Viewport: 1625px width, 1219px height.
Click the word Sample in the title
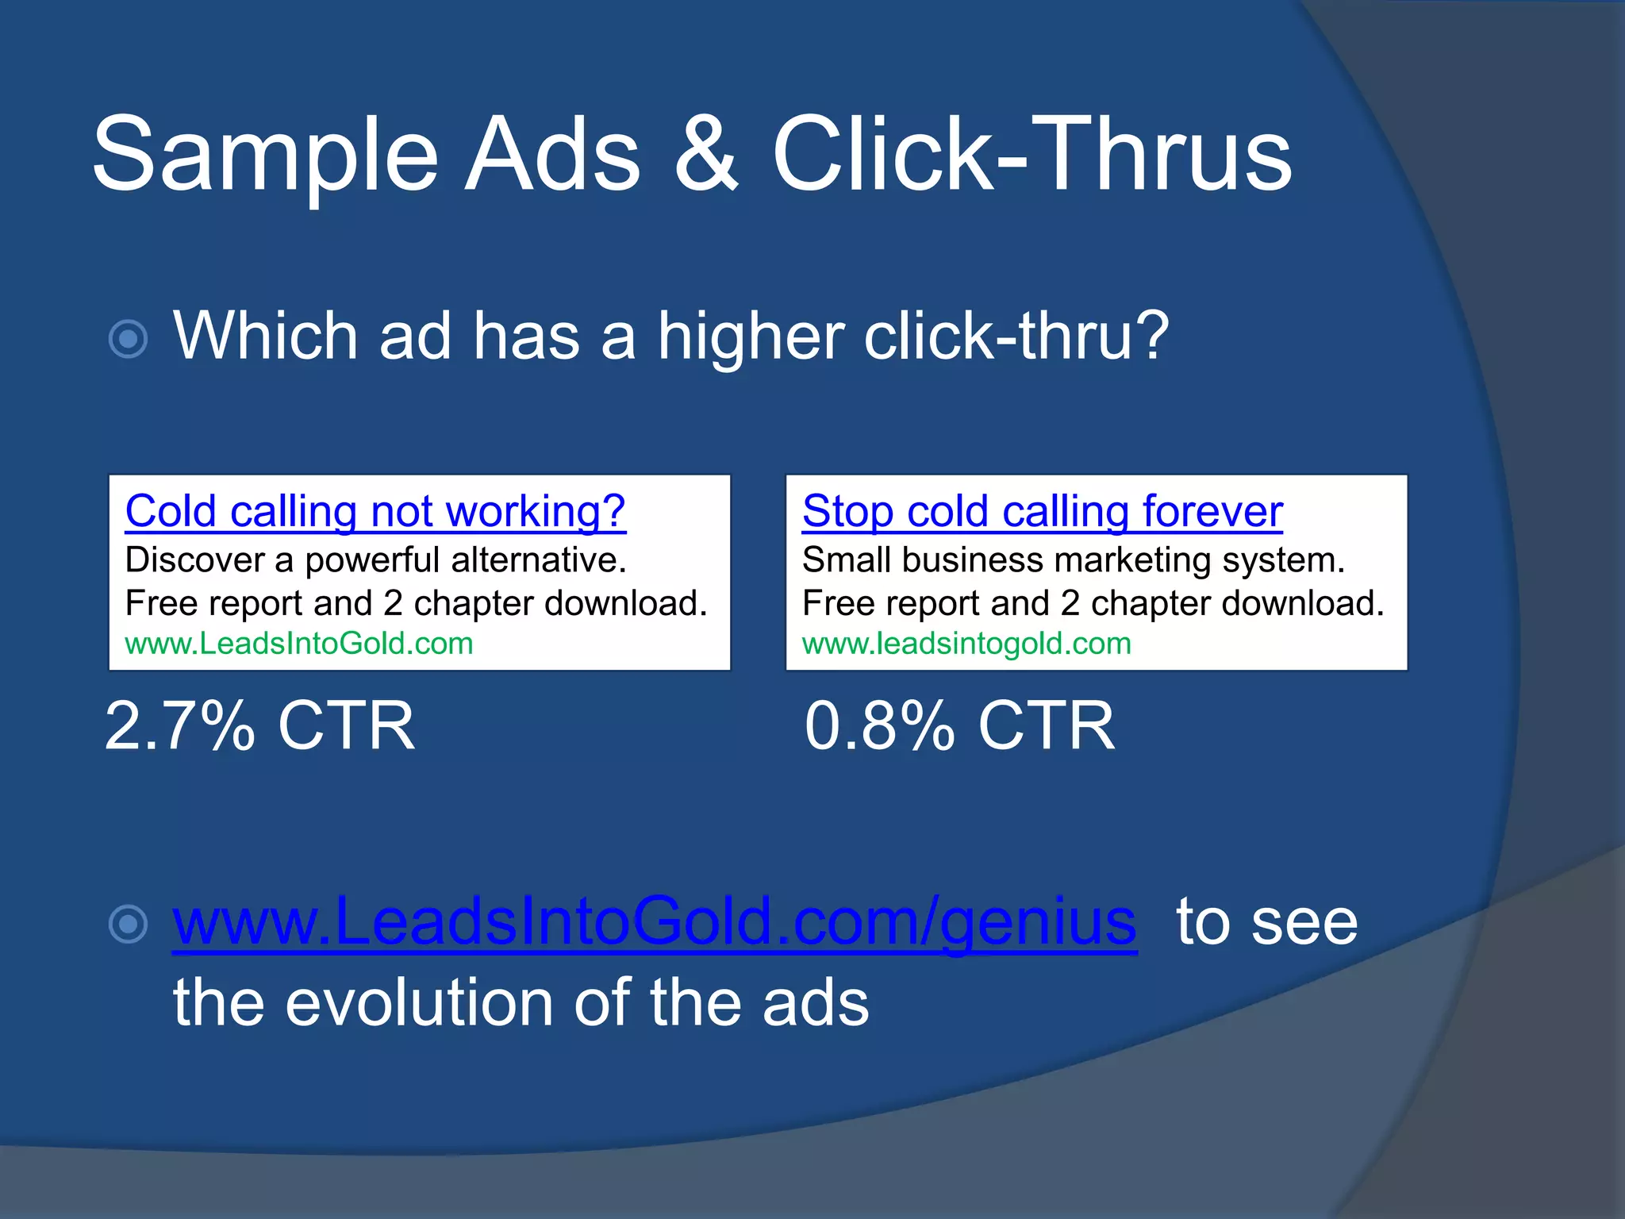[x=265, y=154]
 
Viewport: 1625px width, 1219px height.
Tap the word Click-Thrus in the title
[x=1031, y=154]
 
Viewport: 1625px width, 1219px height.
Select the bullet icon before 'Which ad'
[x=128, y=340]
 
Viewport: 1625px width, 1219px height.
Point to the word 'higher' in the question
[x=750, y=336]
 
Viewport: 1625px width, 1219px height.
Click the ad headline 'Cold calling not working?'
[x=375, y=511]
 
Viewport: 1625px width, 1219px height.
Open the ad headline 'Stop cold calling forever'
[x=1042, y=511]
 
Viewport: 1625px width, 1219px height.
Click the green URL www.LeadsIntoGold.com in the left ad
[x=299, y=644]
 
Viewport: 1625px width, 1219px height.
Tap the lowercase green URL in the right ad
[x=966, y=644]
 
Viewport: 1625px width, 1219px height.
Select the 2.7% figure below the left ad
[x=180, y=725]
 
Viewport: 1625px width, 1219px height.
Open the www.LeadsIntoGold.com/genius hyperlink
[x=655, y=922]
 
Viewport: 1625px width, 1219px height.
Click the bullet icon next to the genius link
[x=128, y=924]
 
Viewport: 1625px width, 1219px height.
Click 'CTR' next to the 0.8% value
[x=1046, y=725]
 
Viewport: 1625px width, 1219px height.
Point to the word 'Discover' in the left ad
[x=195, y=560]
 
